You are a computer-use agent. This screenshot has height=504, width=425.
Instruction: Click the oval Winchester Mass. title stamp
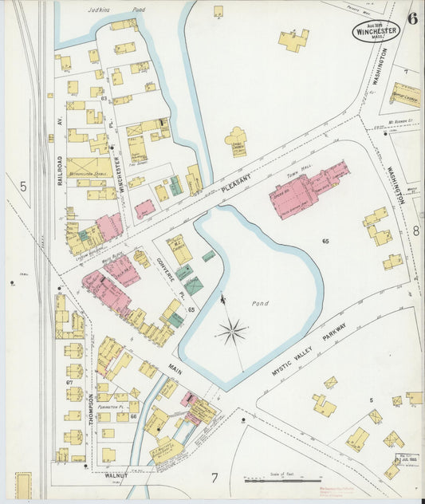pos(377,30)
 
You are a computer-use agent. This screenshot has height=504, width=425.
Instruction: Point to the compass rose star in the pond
pos(232,330)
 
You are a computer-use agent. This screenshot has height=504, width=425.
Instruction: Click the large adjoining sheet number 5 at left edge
pos(23,187)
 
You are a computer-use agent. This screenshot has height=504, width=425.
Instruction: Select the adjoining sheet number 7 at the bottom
pos(214,478)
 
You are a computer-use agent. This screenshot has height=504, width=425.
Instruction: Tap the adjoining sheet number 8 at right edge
pos(415,231)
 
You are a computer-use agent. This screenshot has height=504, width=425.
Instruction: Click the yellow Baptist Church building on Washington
pos(405,96)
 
